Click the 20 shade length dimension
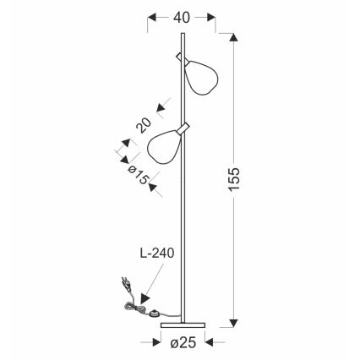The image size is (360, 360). [145, 125]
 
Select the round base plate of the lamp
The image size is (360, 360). [182, 324]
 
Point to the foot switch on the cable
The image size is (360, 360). [155, 314]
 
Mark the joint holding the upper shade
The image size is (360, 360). [181, 57]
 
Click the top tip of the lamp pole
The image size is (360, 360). [182, 34]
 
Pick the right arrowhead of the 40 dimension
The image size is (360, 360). [211, 16]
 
